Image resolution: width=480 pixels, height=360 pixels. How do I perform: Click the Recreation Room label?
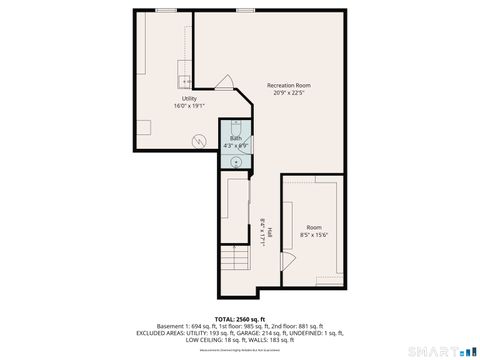287,86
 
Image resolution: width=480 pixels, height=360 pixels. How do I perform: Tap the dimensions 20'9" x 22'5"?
287,94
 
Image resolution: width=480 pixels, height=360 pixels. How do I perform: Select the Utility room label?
189,98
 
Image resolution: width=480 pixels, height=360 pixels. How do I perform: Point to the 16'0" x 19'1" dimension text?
189,106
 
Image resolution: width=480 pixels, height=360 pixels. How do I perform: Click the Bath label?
235,138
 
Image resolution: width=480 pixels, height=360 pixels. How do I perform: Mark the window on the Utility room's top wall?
165,10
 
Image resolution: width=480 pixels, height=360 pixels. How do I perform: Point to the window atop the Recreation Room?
245,10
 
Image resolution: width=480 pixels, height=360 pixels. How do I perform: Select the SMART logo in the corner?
440,350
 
